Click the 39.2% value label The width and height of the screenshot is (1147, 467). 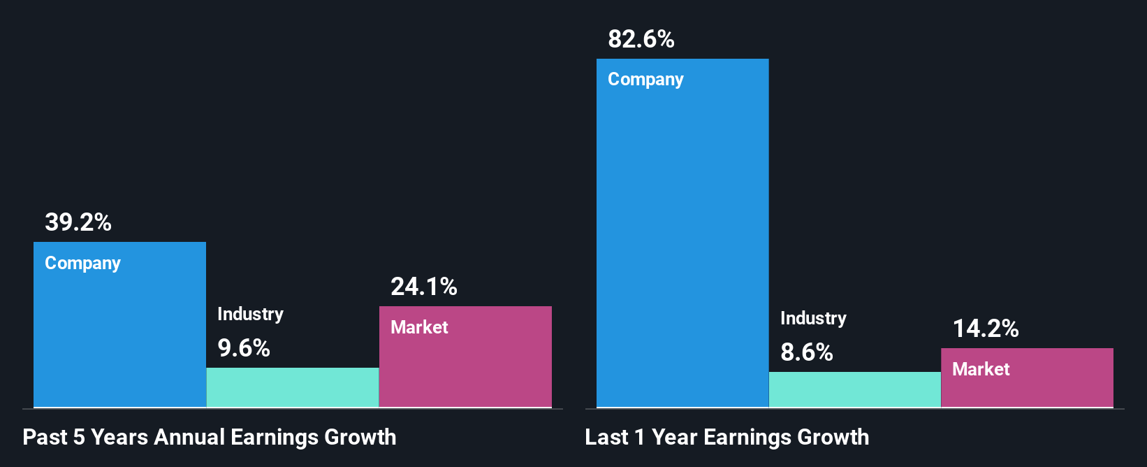point(78,222)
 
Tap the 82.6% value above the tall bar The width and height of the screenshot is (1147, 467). point(641,39)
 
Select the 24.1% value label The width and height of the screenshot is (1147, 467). point(424,287)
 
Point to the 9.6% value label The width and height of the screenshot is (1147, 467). point(244,348)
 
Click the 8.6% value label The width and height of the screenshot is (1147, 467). point(807,352)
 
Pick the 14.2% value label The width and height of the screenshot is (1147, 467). point(986,329)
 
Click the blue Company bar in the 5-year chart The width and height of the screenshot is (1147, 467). point(119,336)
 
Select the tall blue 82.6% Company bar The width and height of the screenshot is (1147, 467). point(682,238)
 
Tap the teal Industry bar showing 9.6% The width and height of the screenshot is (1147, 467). point(293,387)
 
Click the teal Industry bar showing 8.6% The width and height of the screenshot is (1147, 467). point(855,389)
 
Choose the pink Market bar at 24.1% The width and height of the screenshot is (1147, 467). point(465,367)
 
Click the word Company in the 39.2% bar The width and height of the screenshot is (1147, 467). point(83,264)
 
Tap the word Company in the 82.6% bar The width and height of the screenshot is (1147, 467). point(645,80)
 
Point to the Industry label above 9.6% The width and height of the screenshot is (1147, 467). point(250,314)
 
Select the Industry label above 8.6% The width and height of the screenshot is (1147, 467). point(813,318)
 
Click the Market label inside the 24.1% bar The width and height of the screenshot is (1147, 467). point(419,327)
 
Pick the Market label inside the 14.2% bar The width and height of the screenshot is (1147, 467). point(981,369)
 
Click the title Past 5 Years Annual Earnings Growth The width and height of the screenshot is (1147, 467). point(210,438)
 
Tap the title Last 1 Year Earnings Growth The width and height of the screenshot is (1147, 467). point(727,438)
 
